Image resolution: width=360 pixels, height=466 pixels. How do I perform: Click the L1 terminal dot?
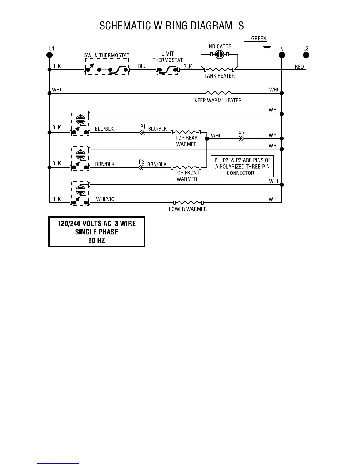tap(50, 55)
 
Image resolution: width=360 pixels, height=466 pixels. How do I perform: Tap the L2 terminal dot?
tap(306, 55)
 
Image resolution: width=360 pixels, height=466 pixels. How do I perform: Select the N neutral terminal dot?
tap(282, 55)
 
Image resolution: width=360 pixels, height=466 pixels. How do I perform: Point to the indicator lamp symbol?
tap(219, 54)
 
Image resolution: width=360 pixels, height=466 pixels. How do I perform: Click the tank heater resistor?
tap(219, 70)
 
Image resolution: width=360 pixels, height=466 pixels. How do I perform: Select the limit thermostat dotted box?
tap(167, 70)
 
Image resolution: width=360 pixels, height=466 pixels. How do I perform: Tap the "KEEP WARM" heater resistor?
tap(218, 93)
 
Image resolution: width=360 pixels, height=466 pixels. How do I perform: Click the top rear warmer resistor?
tap(186, 132)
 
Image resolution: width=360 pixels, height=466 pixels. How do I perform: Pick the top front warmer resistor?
tap(186, 168)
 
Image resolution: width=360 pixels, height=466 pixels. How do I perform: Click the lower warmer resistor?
tap(188, 202)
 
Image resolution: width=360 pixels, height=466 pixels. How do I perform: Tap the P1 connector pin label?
tap(143, 127)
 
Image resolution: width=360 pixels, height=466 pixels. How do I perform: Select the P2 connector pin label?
tap(241, 134)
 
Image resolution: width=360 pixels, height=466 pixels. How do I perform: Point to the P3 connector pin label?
tap(141, 162)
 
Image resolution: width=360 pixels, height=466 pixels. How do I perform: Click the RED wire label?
tap(299, 67)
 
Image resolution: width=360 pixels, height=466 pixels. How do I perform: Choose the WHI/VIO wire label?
tap(105, 199)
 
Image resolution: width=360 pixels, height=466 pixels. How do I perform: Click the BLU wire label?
tap(142, 66)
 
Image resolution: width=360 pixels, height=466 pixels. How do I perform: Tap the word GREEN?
tap(259, 39)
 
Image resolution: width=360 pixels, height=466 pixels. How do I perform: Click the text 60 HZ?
tap(96, 241)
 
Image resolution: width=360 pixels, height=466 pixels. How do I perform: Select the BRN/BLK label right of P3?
tap(157, 164)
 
